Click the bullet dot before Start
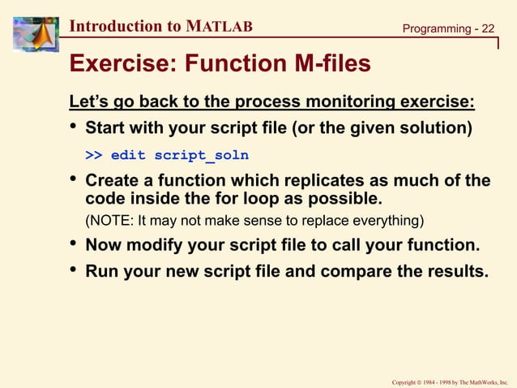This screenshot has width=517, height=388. click(x=74, y=129)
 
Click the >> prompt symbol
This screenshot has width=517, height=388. click(x=94, y=154)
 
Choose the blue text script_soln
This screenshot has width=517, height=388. click(x=201, y=154)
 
